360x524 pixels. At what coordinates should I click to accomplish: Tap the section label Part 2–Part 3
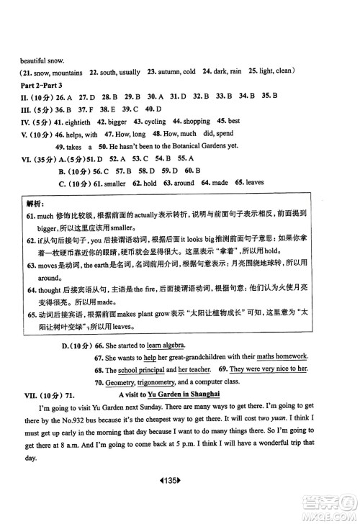pyautogui.click(x=42, y=83)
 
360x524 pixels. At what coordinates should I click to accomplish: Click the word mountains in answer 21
pyautogui.click(x=66, y=71)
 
